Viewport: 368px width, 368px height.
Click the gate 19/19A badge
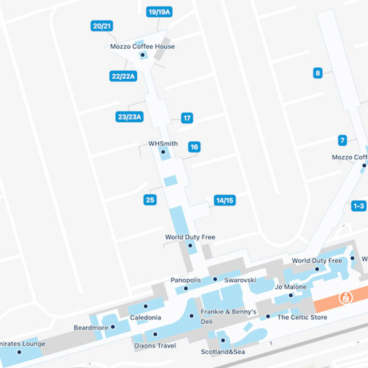[x=159, y=12]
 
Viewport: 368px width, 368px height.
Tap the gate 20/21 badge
[x=102, y=26]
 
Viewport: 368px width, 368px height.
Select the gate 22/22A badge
[x=123, y=76]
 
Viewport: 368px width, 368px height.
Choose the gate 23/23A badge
[x=129, y=117]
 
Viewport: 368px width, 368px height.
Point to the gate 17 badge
[x=187, y=118]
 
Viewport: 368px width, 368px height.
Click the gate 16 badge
[x=194, y=147]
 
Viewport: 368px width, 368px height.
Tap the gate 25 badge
[x=150, y=200]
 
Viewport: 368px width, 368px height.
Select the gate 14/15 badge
[x=225, y=200]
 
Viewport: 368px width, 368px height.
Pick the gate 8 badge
[x=318, y=73]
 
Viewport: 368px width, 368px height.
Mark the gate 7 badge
[x=342, y=140]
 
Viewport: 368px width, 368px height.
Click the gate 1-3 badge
[x=358, y=206]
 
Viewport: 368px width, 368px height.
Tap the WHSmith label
[x=163, y=143]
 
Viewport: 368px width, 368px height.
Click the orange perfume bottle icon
[x=346, y=298]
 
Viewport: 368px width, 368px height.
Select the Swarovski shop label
[x=240, y=280]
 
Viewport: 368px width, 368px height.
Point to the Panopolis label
[x=186, y=280]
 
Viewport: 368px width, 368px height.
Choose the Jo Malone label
[x=291, y=287]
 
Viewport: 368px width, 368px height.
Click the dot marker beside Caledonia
[x=145, y=306]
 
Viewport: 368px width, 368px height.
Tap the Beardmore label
[x=91, y=327]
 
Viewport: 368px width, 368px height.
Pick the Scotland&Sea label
[x=223, y=352]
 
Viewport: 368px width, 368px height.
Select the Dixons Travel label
[x=155, y=346]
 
